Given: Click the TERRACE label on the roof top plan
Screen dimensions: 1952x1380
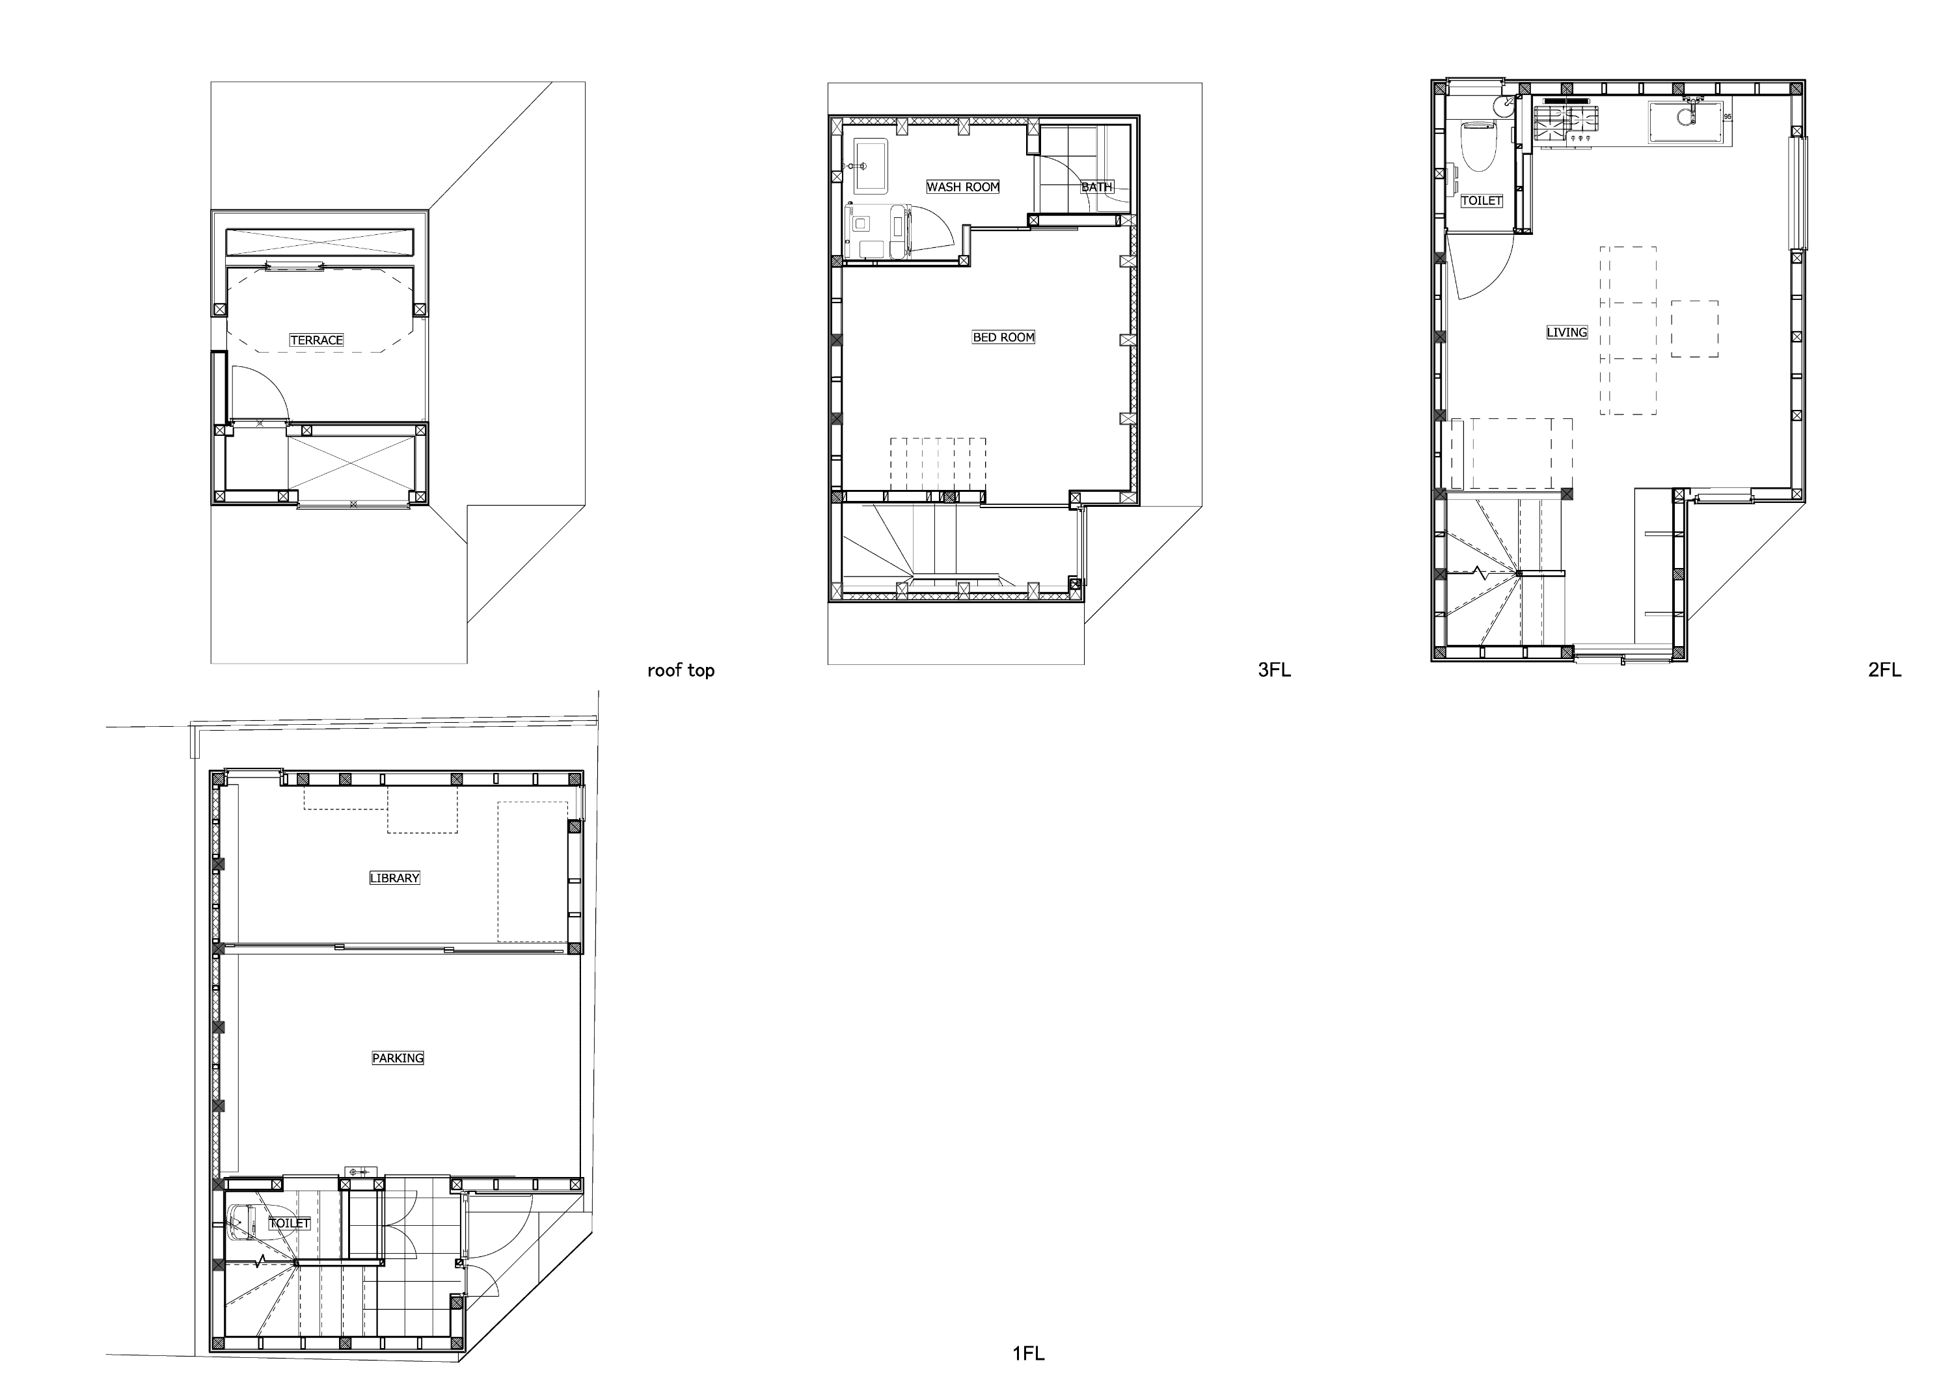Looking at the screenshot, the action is (316, 340).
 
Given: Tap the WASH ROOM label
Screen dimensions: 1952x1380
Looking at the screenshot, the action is (962, 187).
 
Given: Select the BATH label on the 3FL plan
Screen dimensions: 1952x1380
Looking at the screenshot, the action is (1097, 187).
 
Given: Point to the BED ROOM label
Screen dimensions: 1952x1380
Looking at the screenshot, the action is (1003, 338).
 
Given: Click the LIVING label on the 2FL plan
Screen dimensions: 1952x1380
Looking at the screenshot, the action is (1567, 332).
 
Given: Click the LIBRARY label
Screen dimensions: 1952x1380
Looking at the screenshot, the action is (394, 878).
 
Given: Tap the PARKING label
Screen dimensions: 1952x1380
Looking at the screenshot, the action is (398, 1059).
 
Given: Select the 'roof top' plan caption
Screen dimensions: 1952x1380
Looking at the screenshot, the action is (681, 670).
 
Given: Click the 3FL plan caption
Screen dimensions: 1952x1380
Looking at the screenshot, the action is (1275, 670).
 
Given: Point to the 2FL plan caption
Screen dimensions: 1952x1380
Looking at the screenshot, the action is (1885, 670).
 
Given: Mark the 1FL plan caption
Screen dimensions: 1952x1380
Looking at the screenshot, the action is (1029, 1353).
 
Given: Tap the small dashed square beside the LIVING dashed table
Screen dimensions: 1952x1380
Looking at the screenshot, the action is (1694, 329).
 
